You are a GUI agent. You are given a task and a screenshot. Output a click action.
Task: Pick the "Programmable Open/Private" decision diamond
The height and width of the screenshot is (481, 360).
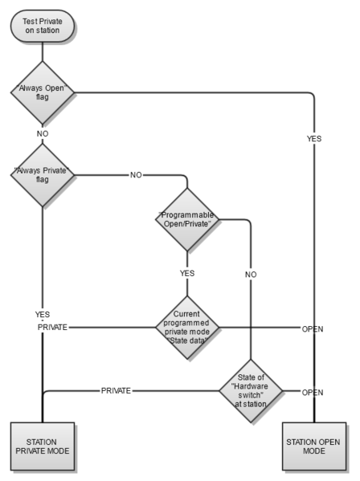click(186, 219)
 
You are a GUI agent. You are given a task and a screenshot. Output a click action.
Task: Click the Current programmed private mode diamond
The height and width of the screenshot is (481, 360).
click(186, 328)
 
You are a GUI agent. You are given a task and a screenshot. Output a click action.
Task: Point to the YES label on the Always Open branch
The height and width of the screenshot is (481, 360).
click(314, 139)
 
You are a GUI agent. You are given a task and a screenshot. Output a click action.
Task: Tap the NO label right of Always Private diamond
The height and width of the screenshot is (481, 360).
click(136, 173)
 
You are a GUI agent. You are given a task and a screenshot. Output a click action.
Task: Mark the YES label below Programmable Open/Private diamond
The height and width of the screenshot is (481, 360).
click(186, 273)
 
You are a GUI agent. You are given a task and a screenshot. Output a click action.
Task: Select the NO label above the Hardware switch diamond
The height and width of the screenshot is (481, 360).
click(251, 274)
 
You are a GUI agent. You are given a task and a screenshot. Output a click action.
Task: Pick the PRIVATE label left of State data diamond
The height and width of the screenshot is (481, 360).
click(53, 328)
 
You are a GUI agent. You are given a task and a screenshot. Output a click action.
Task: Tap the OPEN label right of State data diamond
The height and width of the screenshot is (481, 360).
click(312, 328)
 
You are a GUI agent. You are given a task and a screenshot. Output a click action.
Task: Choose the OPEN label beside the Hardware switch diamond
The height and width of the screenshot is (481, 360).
click(312, 392)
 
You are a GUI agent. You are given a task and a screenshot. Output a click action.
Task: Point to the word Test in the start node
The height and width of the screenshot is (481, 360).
click(32, 20)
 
